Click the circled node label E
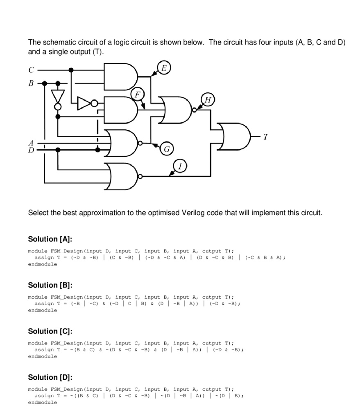tap(163, 68)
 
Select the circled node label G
tap(166, 149)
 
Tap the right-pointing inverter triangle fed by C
tap(84, 103)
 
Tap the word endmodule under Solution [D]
tap(43, 403)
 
